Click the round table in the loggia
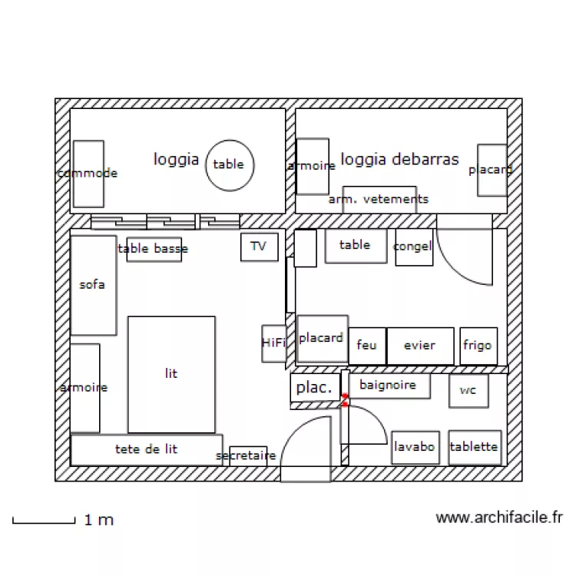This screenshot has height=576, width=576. (x=229, y=164)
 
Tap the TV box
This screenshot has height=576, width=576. (x=259, y=247)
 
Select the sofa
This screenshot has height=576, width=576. (x=93, y=285)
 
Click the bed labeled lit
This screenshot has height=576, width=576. (x=170, y=374)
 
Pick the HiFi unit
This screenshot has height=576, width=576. (x=273, y=343)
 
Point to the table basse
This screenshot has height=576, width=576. (x=154, y=249)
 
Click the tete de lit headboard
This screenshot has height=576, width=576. (x=146, y=449)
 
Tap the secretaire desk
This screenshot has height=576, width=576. (x=247, y=455)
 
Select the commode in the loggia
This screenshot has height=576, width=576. (x=88, y=174)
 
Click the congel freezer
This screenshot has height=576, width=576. (x=413, y=247)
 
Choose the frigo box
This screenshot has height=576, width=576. (x=478, y=346)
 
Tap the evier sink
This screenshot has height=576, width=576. (x=419, y=346)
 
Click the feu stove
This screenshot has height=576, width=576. (x=367, y=346)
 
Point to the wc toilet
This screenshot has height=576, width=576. (x=468, y=390)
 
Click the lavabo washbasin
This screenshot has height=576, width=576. (x=415, y=447)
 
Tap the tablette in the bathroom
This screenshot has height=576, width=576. (x=474, y=446)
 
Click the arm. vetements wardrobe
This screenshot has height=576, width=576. (x=379, y=199)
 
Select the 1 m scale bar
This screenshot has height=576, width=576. (x=43, y=521)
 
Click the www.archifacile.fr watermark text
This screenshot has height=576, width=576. (x=499, y=518)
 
